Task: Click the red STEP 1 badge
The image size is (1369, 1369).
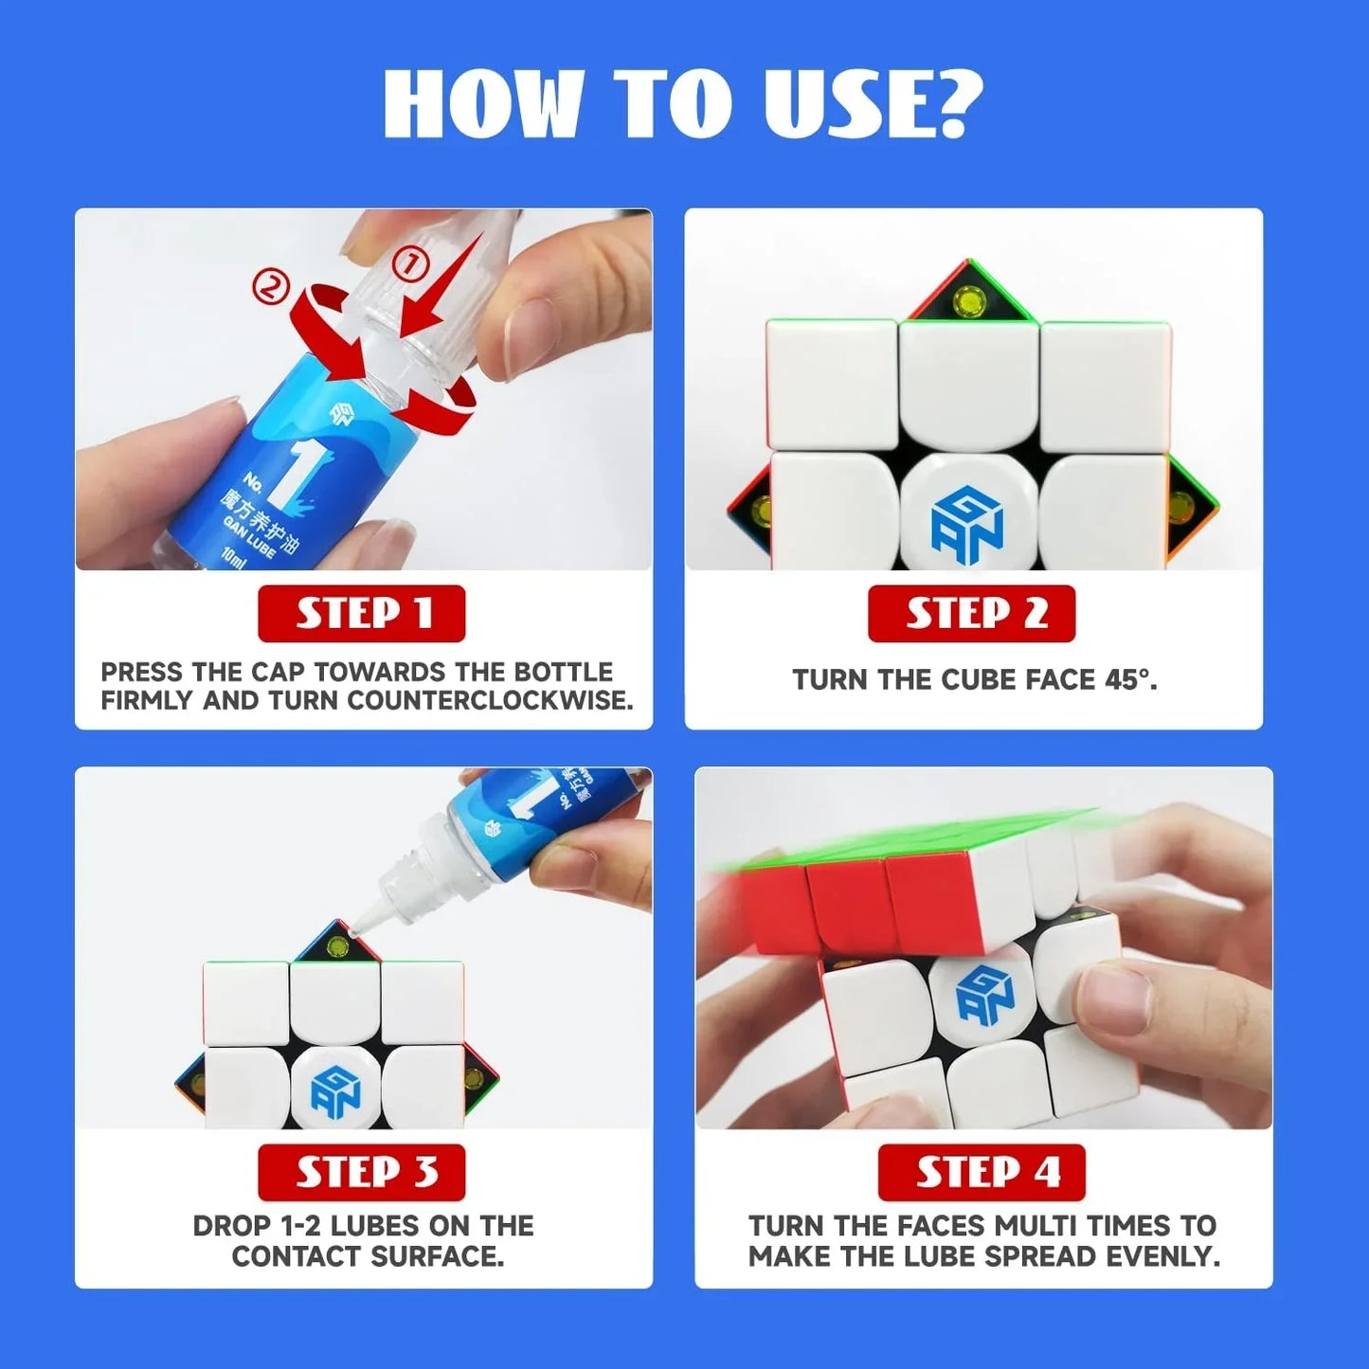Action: coord(361,614)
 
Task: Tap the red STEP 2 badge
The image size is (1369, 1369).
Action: coord(971,614)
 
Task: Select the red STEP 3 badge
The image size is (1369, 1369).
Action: coord(361,1173)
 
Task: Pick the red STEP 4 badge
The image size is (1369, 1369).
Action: coord(982,1173)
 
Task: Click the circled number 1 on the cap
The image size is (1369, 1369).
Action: coord(410,265)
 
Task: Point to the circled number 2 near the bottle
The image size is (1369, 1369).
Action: coord(270,286)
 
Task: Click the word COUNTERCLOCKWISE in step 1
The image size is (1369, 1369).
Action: coord(490,701)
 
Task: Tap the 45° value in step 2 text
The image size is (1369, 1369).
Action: coord(1129,680)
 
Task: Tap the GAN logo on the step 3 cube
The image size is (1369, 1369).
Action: coord(335,1092)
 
